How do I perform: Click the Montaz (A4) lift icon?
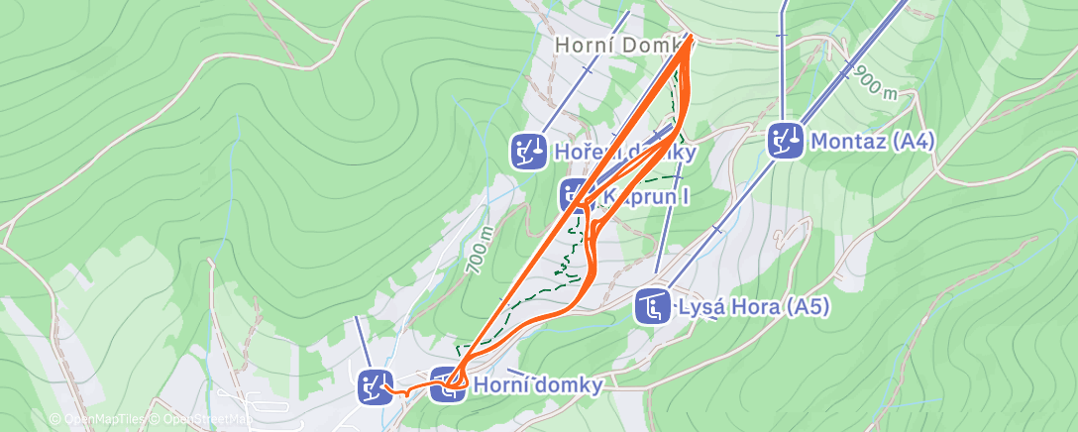pos(788,141)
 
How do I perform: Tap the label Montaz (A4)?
pos(872,142)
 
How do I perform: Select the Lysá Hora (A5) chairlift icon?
pos(653,307)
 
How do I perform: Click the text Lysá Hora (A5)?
pos(752,307)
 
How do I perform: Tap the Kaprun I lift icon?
pos(576,195)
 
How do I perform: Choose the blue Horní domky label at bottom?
pos(538,385)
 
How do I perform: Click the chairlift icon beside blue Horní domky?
pos(449,384)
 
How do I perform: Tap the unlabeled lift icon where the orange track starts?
pos(376,385)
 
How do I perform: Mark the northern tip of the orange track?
pos(689,39)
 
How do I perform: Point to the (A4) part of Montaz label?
pos(912,142)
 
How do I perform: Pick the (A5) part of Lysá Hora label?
pos(806,307)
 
